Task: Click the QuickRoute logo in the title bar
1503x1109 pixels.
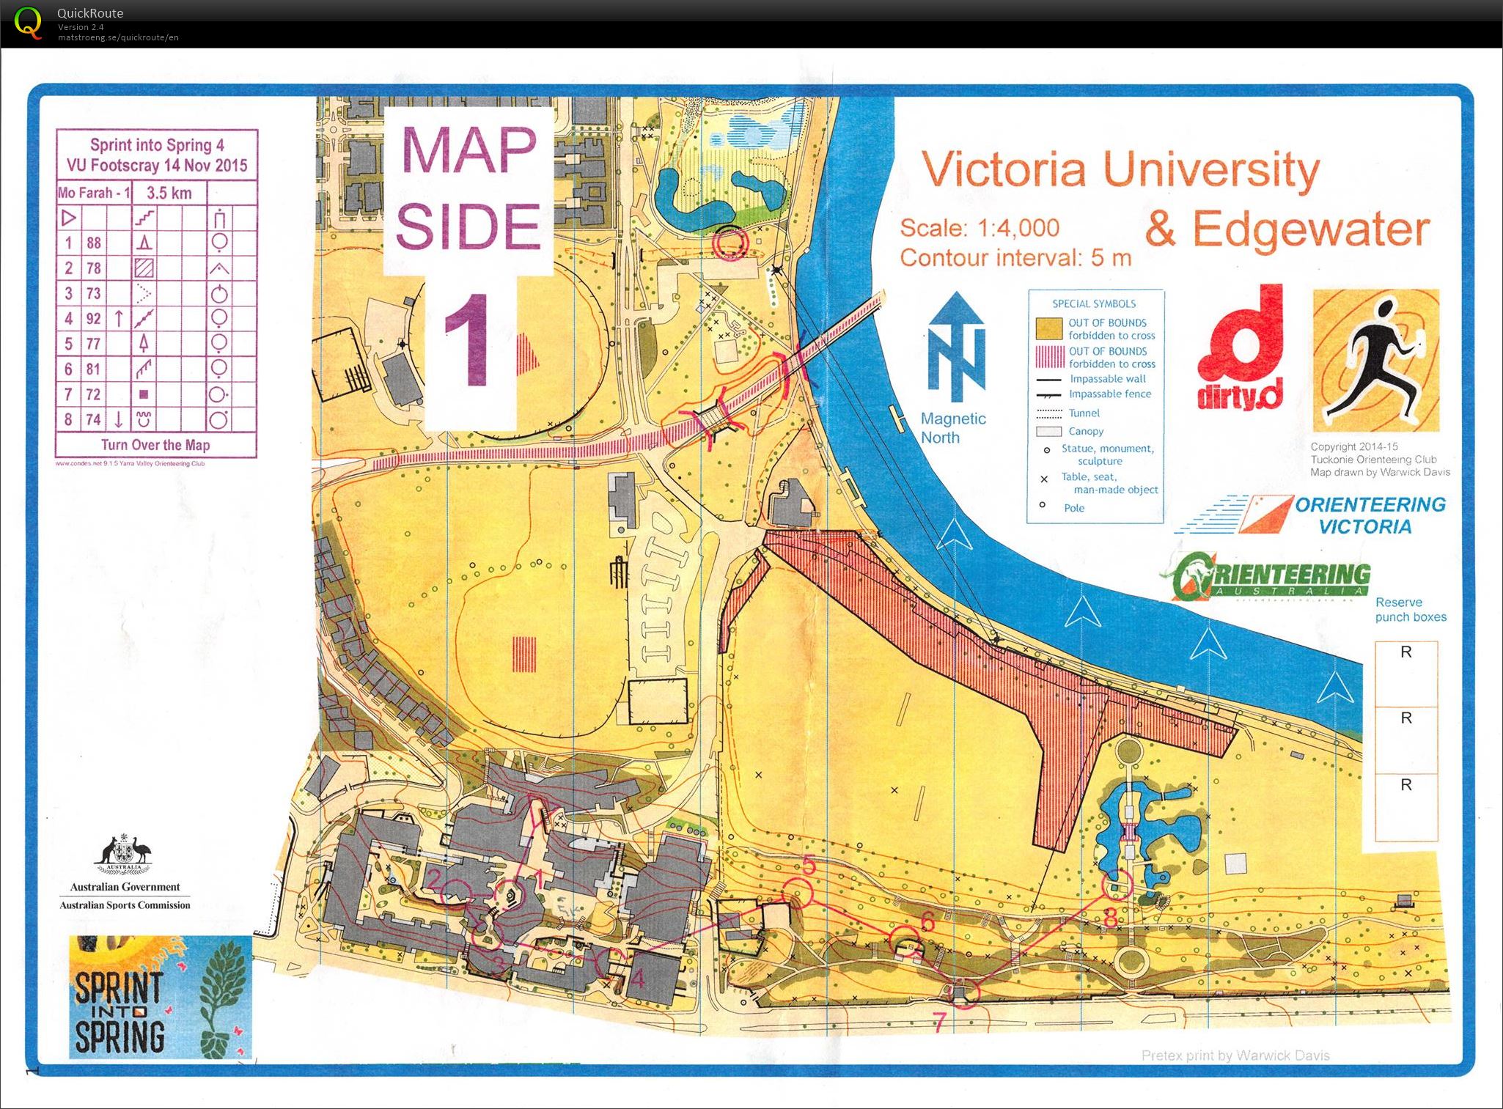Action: (28, 23)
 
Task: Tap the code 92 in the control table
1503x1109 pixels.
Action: (93, 318)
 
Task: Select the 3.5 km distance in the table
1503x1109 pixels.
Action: (169, 193)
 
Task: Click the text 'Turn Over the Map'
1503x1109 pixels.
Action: (155, 445)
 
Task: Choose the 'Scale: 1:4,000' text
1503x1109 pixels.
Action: (979, 228)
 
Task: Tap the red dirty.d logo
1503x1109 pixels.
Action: (1241, 349)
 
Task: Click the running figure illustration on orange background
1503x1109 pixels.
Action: (1375, 361)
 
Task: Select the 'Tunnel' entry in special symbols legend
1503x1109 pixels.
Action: (1084, 413)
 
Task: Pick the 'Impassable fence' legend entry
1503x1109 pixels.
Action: (1109, 394)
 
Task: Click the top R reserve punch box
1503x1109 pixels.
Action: (1405, 672)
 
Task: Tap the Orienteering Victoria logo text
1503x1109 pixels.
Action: (1368, 515)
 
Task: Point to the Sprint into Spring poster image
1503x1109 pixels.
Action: (161, 997)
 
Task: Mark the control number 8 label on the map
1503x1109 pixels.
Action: (1110, 917)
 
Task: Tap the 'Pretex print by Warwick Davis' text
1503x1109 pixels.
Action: (1235, 1055)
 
